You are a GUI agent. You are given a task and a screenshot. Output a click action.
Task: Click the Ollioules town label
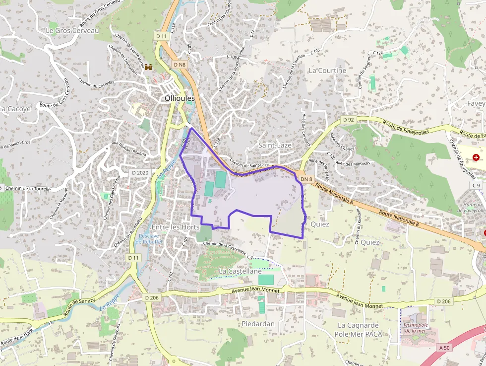click(180, 98)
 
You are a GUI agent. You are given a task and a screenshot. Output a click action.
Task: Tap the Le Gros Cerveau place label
click(72, 30)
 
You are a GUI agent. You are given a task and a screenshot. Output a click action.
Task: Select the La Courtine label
click(327, 71)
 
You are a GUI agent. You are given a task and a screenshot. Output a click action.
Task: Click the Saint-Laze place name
click(275, 145)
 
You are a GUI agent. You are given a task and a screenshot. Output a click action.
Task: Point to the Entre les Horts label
click(175, 227)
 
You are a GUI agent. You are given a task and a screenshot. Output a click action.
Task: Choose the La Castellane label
click(240, 271)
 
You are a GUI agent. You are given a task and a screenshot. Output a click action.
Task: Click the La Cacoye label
click(16, 109)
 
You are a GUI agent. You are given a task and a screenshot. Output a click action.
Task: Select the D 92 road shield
click(348, 120)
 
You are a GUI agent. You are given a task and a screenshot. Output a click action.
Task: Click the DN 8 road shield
click(306, 179)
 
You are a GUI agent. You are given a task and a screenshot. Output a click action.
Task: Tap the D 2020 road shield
click(140, 172)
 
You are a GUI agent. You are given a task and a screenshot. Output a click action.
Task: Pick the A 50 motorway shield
click(444, 348)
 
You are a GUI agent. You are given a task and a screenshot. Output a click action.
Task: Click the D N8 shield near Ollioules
click(180, 65)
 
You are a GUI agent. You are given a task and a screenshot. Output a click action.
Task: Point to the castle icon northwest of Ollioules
click(148, 69)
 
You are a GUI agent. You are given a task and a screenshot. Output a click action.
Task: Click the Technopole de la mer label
click(414, 327)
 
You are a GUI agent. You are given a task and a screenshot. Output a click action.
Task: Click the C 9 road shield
click(476, 185)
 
